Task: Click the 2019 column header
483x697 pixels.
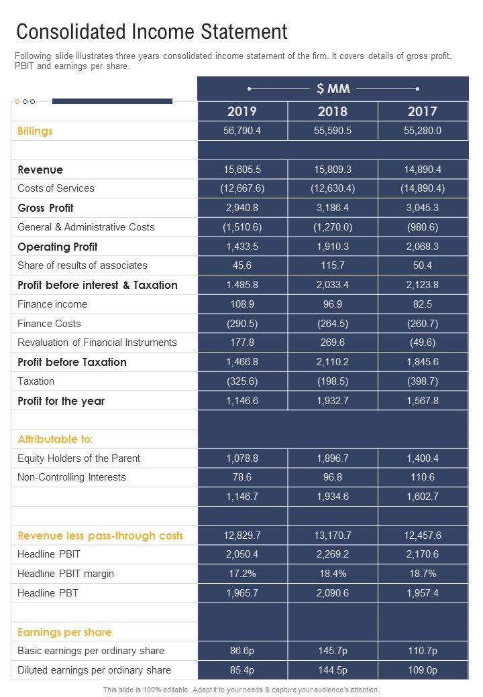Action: [242, 111]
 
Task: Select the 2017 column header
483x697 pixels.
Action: [423, 111]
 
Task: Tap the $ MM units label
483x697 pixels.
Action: [333, 88]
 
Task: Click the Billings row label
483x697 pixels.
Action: [35, 131]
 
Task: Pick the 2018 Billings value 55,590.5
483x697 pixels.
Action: [333, 131]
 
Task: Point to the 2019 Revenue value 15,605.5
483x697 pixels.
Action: [242, 170]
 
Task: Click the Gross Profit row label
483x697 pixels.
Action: [46, 208]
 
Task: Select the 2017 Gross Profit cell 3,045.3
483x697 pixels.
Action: [423, 208]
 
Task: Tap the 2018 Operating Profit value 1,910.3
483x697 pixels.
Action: [333, 247]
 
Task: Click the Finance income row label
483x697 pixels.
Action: [52, 304]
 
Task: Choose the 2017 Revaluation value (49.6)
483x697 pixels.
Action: [423, 342]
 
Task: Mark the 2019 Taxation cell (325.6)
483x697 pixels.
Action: [242, 381]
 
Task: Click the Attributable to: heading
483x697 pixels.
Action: [56, 440]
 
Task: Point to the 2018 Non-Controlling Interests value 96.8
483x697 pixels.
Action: [333, 477]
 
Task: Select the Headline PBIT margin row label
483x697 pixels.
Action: [66, 574]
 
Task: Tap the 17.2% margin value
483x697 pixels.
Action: [242, 574]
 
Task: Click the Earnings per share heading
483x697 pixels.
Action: [64, 632]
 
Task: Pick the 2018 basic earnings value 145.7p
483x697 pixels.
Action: [333, 651]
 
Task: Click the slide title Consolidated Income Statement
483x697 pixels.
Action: [152, 31]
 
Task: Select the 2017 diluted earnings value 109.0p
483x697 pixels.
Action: [423, 670]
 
